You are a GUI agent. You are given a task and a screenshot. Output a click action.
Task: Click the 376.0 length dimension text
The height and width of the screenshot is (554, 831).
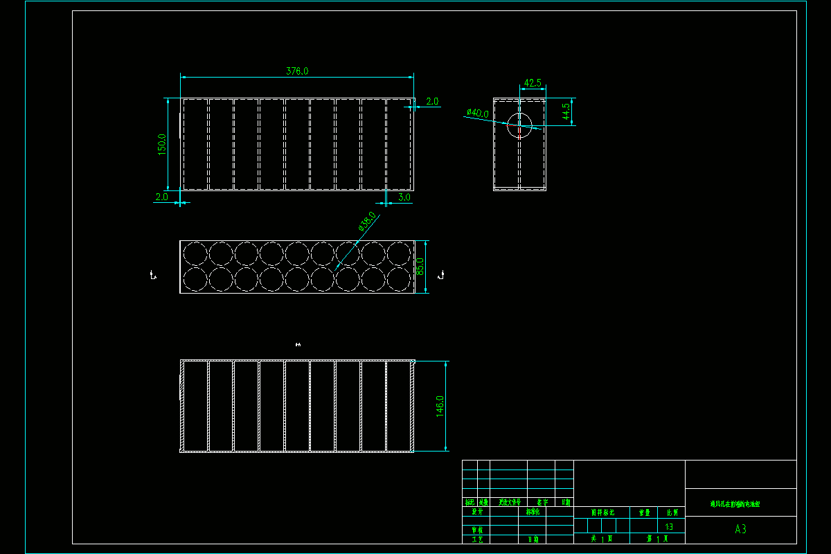point(297,71)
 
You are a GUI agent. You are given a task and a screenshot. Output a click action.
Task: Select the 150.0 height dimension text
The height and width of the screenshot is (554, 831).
point(162,144)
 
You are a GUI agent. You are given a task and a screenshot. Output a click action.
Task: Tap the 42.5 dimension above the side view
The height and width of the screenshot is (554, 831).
point(533,83)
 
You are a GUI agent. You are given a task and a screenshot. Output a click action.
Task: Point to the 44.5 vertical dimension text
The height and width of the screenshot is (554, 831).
point(566,111)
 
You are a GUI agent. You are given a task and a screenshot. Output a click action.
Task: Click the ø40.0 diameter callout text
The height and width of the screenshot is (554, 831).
point(478,113)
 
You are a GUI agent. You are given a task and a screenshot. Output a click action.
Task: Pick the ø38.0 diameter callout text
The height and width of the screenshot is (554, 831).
point(367,221)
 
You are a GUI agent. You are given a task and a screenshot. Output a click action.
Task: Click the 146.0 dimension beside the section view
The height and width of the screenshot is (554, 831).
point(440,406)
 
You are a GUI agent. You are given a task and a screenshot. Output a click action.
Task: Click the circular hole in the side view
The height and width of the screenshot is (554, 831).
point(519,126)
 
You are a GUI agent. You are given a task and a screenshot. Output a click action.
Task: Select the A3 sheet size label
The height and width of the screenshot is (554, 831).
point(740,529)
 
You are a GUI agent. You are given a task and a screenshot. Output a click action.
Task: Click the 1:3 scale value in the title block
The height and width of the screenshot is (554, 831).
point(669,526)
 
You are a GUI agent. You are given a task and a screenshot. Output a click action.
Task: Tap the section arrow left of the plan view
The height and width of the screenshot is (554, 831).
point(153,276)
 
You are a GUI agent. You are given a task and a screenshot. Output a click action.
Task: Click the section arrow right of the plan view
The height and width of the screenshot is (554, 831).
point(442,276)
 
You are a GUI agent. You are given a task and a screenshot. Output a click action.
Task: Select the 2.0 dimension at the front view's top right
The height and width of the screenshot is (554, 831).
point(432,102)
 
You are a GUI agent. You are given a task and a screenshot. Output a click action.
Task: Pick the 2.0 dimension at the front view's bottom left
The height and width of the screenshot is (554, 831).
point(161,197)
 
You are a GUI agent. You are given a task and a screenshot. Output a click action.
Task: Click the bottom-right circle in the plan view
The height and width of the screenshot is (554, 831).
point(400,279)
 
